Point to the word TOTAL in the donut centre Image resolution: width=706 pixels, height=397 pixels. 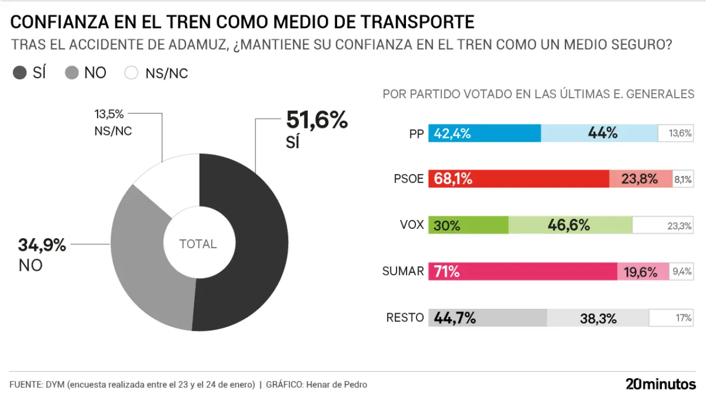198,244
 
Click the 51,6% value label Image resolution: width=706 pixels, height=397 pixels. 317,120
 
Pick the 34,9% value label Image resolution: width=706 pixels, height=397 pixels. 42,245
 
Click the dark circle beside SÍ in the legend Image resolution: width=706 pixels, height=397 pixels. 20,73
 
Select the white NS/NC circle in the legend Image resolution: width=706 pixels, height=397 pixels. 131,73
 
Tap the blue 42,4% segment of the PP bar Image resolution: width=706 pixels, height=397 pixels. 485,133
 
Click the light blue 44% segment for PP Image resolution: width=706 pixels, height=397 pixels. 600,133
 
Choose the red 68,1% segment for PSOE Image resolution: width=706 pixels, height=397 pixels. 518,179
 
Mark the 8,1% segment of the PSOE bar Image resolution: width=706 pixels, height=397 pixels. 682,179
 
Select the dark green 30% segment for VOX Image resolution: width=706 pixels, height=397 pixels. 468,225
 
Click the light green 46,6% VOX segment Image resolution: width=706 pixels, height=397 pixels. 570,225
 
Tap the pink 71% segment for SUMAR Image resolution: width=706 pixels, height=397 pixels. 522,271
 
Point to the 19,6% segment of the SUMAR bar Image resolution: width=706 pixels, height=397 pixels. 643,271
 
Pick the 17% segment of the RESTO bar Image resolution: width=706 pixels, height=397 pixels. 671,318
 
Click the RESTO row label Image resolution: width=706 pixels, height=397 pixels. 405,318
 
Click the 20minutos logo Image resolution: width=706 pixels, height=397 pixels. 661,384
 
